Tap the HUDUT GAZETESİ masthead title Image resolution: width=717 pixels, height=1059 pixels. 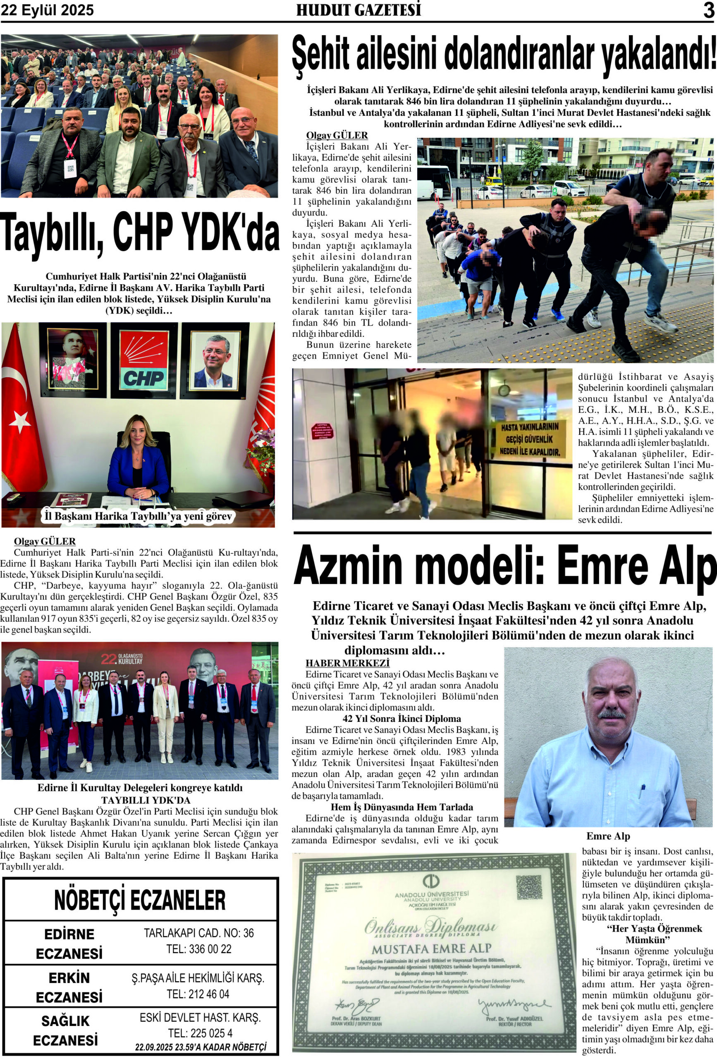(358, 10)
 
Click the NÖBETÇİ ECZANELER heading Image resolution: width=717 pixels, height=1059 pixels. (140, 901)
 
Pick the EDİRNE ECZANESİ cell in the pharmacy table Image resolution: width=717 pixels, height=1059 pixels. (69, 943)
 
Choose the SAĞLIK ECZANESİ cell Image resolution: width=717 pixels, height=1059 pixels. (66, 1031)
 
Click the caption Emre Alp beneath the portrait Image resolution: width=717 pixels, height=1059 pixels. (608, 836)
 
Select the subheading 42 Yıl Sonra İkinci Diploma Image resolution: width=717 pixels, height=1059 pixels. (395, 719)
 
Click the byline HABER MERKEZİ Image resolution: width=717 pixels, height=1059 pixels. (348, 663)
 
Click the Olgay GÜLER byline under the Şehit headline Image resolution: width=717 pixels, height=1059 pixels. (337, 135)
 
